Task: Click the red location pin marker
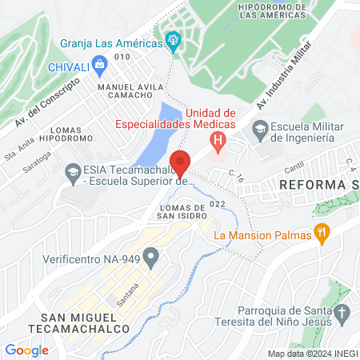[180, 163]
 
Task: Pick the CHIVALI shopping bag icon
[99, 65]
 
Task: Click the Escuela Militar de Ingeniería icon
[259, 128]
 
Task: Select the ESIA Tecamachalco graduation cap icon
[73, 170]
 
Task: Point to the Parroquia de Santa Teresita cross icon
[341, 312]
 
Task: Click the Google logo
[26, 350]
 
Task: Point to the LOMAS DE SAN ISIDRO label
[175, 211]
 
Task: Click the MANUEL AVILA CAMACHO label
[130, 90]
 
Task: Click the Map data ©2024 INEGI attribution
[311, 353]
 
